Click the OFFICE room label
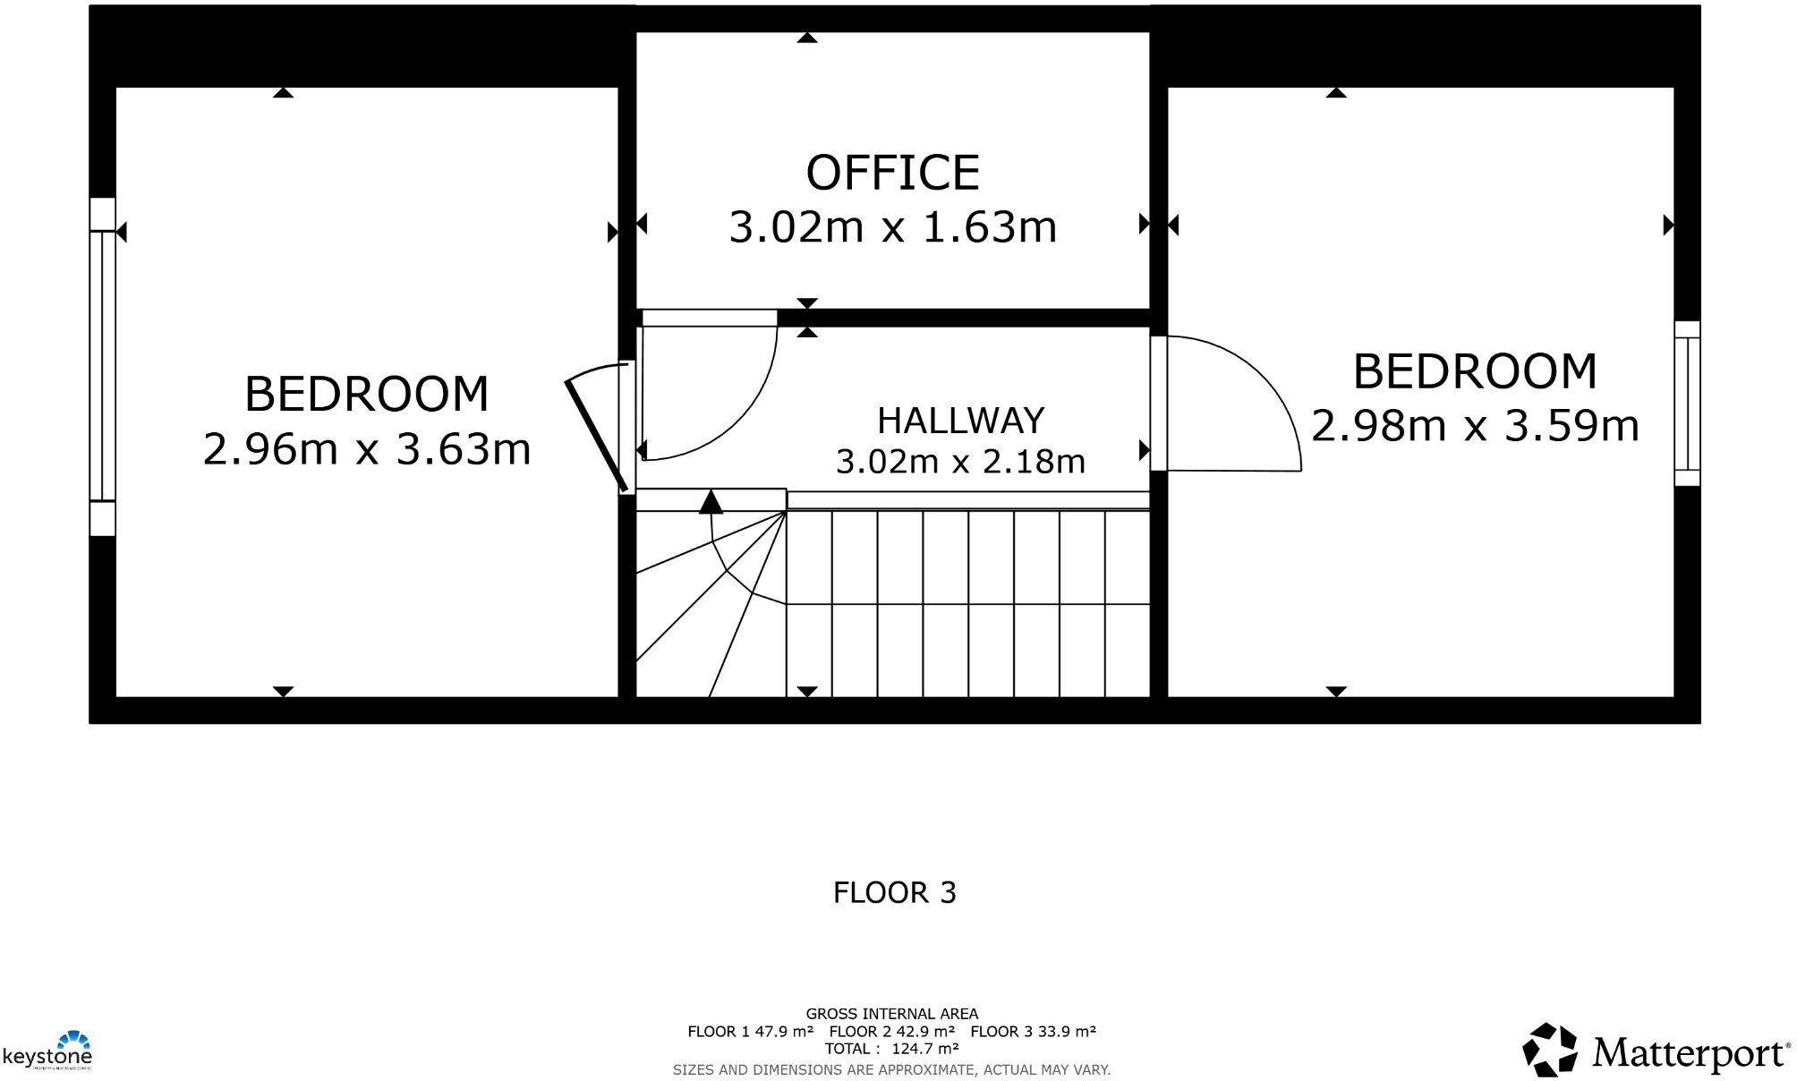click(x=892, y=173)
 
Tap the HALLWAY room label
click(x=960, y=421)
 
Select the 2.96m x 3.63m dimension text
click(x=367, y=449)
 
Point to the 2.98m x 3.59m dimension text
click(x=1475, y=426)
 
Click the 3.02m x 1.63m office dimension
click(x=892, y=227)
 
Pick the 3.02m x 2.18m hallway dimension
click(x=960, y=462)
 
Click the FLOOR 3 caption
click(x=894, y=892)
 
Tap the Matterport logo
click(x=1656, y=1051)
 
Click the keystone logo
click(x=48, y=1051)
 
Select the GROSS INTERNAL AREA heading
click(x=891, y=1014)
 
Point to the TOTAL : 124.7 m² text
click(x=891, y=1049)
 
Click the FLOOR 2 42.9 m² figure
click(x=891, y=1032)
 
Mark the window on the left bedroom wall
click(x=102, y=365)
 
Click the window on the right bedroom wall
click(x=1687, y=403)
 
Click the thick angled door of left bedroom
click(x=595, y=435)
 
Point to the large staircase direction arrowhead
click(x=711, y=502)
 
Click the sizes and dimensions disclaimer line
click(x=891, y=1069)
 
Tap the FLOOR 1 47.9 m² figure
click(x=750, y=1032)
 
